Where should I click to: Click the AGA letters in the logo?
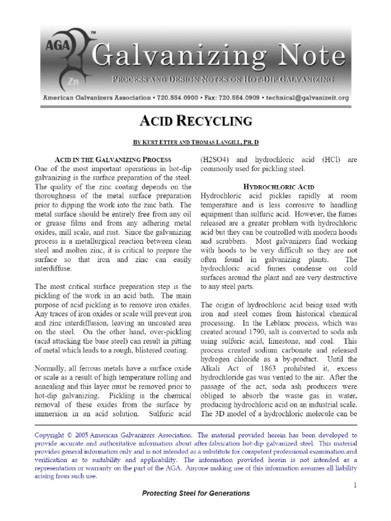point(53,45)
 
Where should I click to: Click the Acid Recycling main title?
point(196,121)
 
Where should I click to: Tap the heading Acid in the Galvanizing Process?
point(113,160)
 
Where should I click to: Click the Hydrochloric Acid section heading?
point(278,187)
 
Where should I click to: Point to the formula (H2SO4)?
point(216,160)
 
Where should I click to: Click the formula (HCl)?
point(332,160)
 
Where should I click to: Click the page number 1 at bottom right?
point(355,485)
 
